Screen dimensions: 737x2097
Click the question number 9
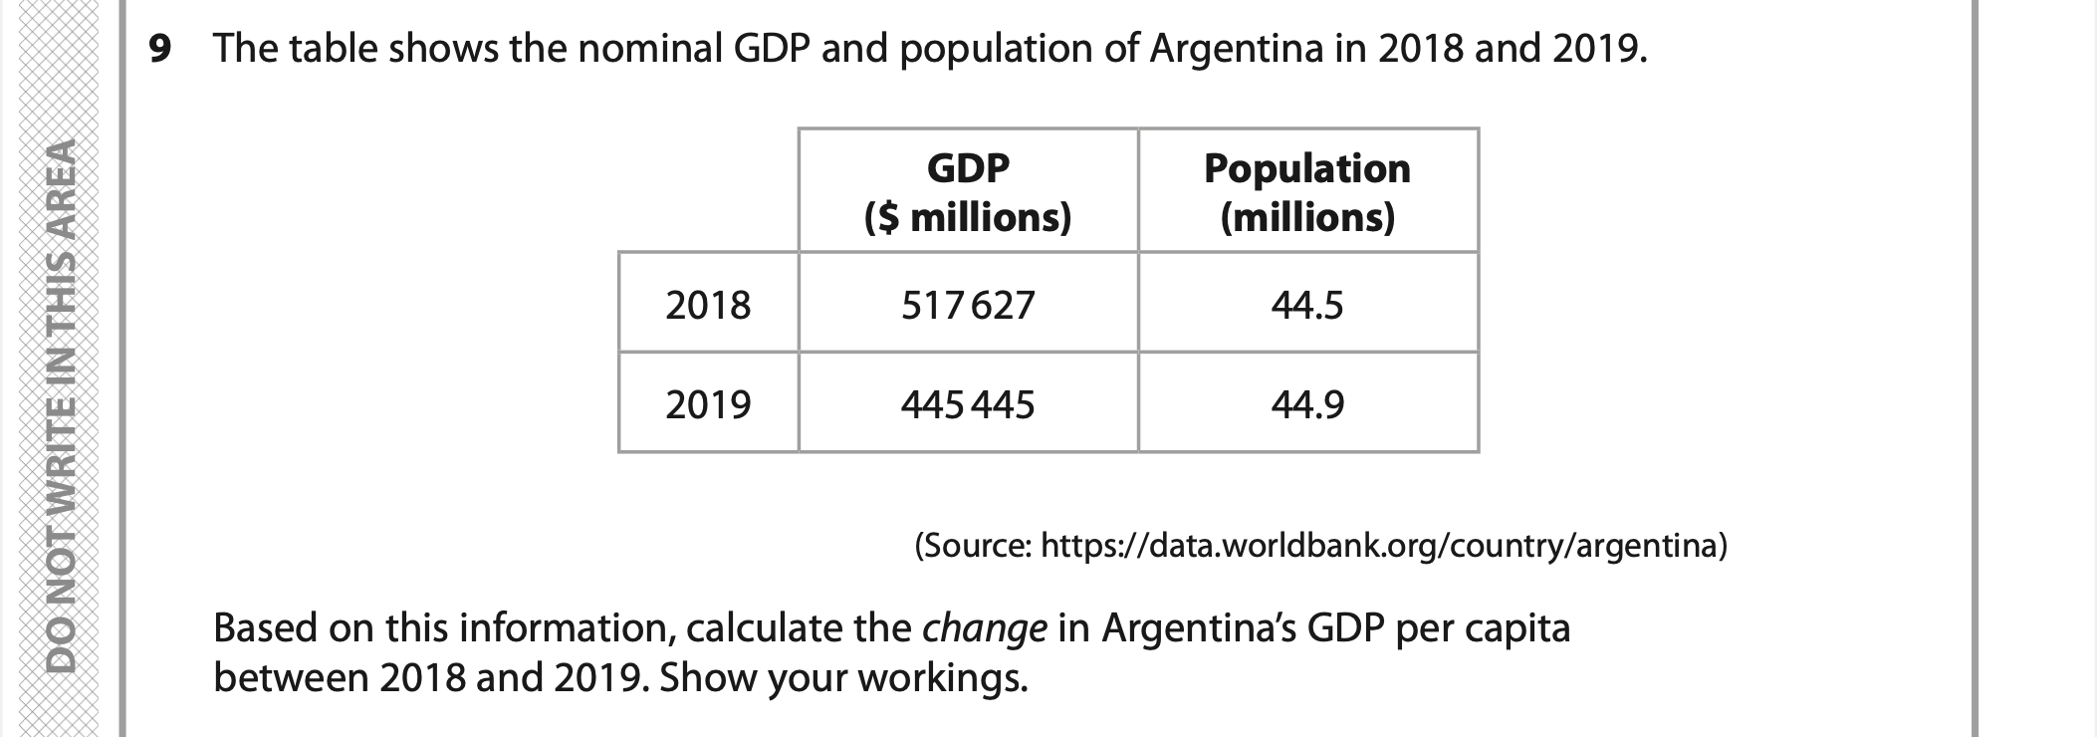[x=159, y=48]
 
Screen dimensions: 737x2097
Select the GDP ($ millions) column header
[x=968, y=191]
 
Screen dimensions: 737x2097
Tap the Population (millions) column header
[x=1307, y=191]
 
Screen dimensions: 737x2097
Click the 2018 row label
[x=708, y=304]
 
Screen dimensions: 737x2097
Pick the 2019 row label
[x=708, y=404]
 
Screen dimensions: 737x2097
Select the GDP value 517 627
[x=968, y=304]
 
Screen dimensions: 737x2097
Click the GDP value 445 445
[x=968, y=404]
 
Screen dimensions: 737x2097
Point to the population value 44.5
[x=1307, y=304]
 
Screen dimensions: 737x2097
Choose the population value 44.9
[x=1307, y=404]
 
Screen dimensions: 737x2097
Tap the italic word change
[x=984, y=628]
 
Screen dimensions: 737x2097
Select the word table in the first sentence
[x=334, y=48]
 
